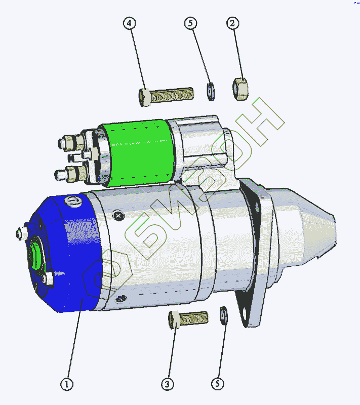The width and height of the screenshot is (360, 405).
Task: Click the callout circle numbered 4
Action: click(x=130, y=23)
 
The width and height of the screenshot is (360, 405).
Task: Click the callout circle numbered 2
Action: click(x=233, y=23)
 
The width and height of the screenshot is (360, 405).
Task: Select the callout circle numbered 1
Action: click(x=67, y=384)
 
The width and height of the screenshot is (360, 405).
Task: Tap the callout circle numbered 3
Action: click(x=168, y=384)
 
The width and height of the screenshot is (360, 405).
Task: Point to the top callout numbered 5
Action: click(x=190, y=23)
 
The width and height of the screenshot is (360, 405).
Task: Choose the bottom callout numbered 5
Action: click(x=217, y=384)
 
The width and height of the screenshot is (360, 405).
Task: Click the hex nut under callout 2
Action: click(x=241, y=89)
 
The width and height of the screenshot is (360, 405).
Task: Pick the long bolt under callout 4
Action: click(x=166, y=96)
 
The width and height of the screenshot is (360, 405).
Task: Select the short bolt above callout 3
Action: click(x=188, y=319)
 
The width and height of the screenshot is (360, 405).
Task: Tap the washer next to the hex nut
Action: click(x=211, y=92)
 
